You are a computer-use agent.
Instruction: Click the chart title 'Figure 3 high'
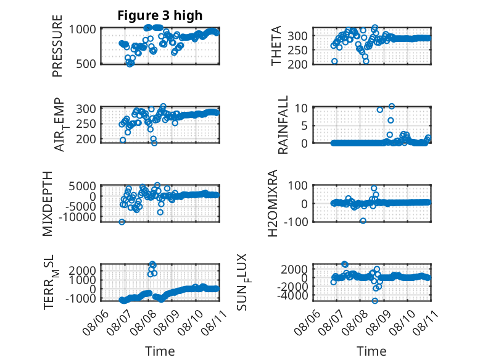click(160, 15)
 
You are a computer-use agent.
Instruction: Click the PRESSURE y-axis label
click(57, 46)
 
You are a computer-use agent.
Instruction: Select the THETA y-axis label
click(276, 46)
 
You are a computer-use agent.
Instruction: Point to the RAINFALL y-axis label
click(283, 124)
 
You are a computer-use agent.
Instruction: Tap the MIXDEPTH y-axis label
click(48, 204)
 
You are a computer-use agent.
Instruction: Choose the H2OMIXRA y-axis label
click(273, 203)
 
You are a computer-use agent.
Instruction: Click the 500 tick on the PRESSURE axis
click(86, 64)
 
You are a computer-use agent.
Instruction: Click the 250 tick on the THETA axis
click(297, 50)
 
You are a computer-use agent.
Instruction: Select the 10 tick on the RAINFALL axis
click(301, 108)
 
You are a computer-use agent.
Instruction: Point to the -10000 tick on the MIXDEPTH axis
click(80, 217)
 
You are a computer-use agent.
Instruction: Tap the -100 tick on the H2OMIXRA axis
click(296, 222)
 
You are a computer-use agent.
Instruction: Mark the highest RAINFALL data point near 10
click(392, 106)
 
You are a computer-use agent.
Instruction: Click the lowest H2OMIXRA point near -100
click(363, 220)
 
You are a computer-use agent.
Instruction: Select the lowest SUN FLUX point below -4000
click(375, 301)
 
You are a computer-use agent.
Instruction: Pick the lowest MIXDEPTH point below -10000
click(122, 222)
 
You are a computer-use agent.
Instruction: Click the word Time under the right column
click(371, 351)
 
